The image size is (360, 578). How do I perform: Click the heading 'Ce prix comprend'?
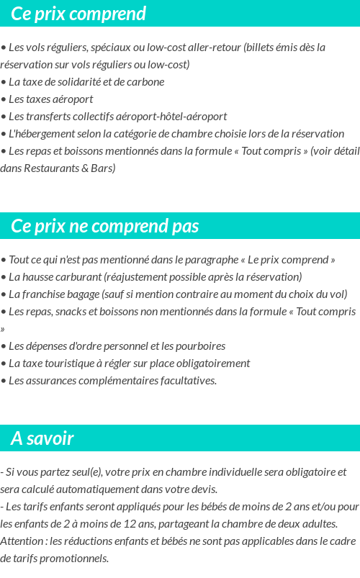click(x=78, y=14)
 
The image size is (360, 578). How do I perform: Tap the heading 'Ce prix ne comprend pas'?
click(x=104, y=226)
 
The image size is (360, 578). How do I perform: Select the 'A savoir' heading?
click(x=42, y=438)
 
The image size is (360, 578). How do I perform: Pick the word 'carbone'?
click(x=145, y=82)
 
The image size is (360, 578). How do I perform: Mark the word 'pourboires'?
click(x=199, y=346)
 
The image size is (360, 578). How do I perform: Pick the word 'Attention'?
click(x=22, y=541)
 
